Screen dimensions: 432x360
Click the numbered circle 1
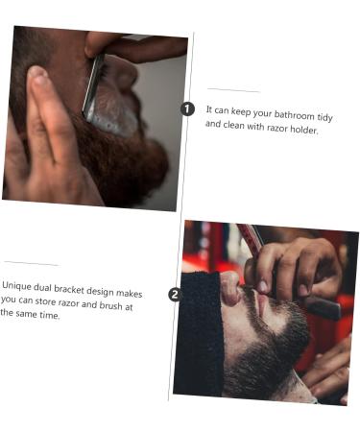[188, 108]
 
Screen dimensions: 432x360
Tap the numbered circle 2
[175, 295]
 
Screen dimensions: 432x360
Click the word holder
[302, 131]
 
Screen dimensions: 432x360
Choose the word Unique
[18, 285]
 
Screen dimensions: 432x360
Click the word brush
[114, 305]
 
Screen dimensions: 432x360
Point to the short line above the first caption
[233, 91]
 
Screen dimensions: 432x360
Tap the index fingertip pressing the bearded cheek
[36, 77]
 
